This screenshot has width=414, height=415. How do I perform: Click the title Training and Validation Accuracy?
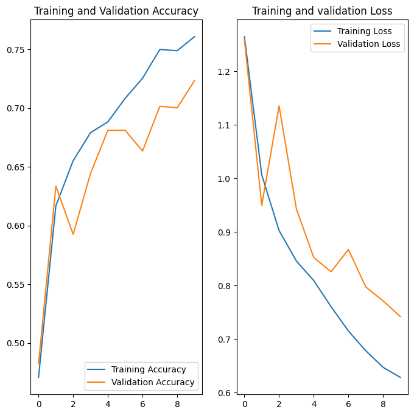click(x=116, y=11)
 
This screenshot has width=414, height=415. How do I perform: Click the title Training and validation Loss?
click(x=322, y=11)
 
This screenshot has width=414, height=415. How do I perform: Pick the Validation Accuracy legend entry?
click(x=153, y=382)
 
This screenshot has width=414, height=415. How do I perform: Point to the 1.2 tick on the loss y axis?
click(x=225, y=72)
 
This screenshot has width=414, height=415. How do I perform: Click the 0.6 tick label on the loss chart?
click(x=225, y=393)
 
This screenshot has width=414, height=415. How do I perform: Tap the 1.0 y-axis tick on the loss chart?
click(x=225, y=179)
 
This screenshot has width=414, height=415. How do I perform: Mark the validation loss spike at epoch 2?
click(x=279, y=106)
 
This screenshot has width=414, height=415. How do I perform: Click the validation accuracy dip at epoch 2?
click(x=73, y=234)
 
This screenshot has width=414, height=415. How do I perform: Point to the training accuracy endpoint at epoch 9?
click(x=194, y=37)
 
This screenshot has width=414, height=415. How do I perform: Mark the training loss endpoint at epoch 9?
click(x=400, y=377)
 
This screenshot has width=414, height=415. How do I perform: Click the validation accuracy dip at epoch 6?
click(x=142, y=151)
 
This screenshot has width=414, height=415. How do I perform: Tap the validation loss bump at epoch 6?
click(x=348, y=249)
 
